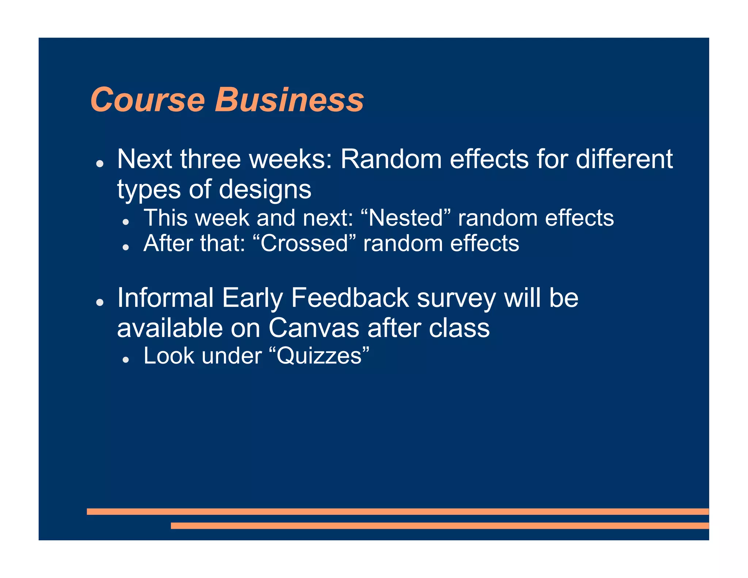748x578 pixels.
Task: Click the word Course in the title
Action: coord(148,100)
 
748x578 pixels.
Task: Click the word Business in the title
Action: coord(289,100)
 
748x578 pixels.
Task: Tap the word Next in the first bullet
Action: coord(145,159)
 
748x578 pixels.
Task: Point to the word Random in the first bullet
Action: coord(391,159)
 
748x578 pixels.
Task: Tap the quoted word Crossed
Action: coord(304,244)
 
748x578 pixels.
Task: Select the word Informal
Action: coord(165,298)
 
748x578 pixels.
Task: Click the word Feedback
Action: coord(350,298)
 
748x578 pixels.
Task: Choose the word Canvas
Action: coord(314,328)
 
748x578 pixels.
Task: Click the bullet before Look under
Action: coord(126,360)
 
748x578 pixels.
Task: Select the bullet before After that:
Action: coord(126,247)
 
